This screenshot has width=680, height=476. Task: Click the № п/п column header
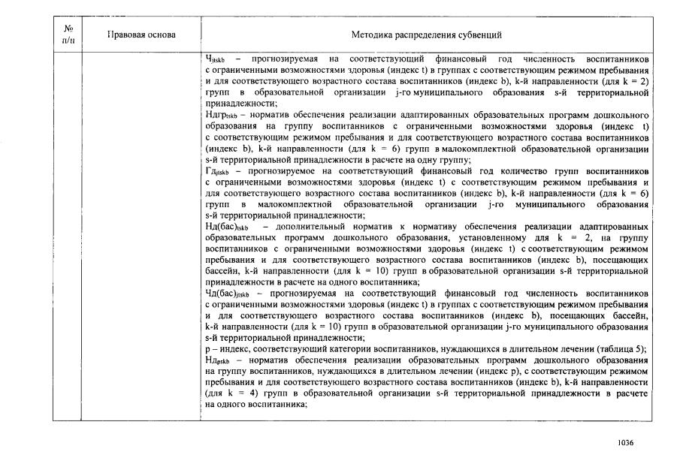[69, 35]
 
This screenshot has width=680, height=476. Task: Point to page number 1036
[625, 442]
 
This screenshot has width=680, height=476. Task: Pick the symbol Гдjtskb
[218, 171]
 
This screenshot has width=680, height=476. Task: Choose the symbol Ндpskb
[219, 360]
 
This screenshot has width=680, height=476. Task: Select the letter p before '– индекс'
[207, 350]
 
